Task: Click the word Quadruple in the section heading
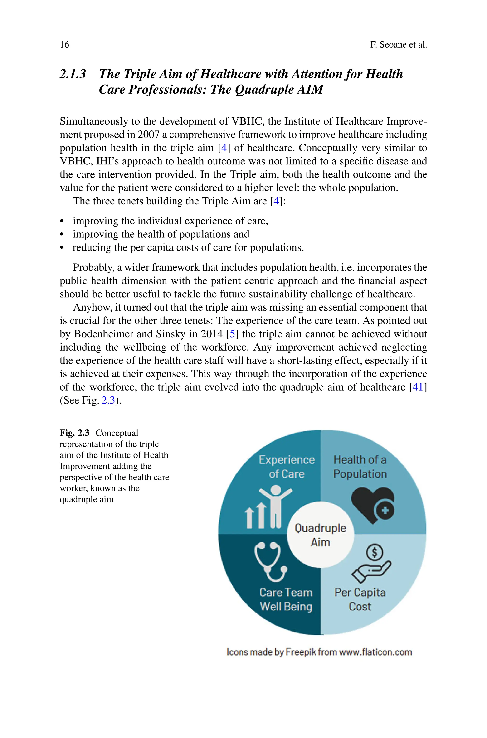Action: click(x=265, y=90)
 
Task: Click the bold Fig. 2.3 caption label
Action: click(x=74, y=433)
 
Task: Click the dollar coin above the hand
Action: click(x=374, y=552)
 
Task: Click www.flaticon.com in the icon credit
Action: click(x=375, y=652)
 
